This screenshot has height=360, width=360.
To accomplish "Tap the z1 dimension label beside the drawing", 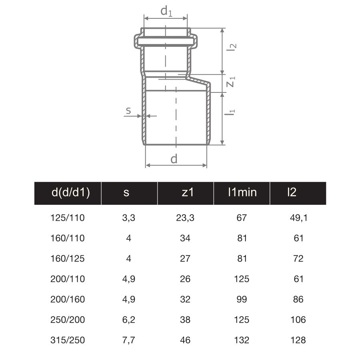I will click(231, 83).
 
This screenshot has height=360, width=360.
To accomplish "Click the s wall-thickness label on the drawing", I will click(128, 111).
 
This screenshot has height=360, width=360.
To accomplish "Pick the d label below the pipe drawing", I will click(174, 159).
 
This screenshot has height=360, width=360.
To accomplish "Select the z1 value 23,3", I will click(185, 218).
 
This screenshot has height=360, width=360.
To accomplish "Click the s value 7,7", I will click(128, 340).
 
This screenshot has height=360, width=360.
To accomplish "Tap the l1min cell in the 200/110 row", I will click(242, 279).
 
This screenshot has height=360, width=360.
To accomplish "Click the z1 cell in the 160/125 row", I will click(185, 259).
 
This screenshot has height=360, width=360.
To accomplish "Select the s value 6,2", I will click(128, 320).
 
